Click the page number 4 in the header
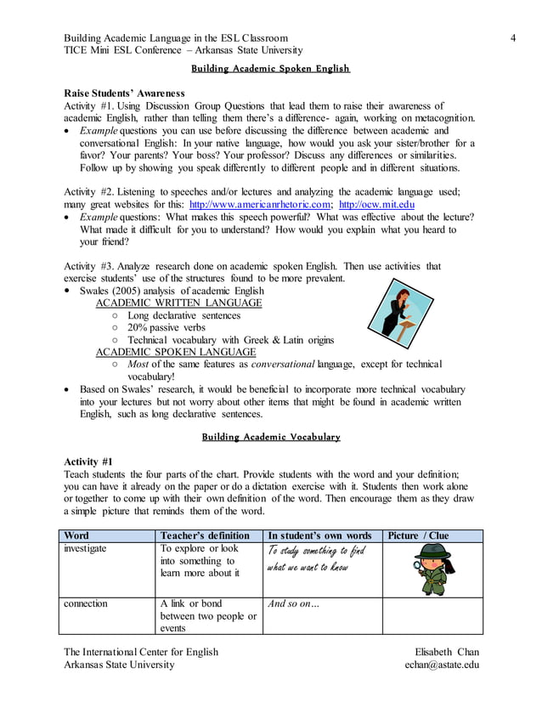coord(514,37)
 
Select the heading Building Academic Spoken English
coord(270,68)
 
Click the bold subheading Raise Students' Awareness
coord(124,93)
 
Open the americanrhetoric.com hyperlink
coord(260,205)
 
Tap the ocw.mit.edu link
coord(376,205)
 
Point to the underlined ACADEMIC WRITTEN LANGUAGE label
coord(178,303)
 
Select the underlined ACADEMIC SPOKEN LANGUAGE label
coord(175,352)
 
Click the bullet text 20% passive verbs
coord(167,327)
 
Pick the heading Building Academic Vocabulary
coord(270,437)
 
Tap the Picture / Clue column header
coord(418,535)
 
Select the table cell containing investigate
coord(86,549)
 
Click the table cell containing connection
coord(86,603)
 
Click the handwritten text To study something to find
coord(315,552)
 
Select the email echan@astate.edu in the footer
coord(442,665)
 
